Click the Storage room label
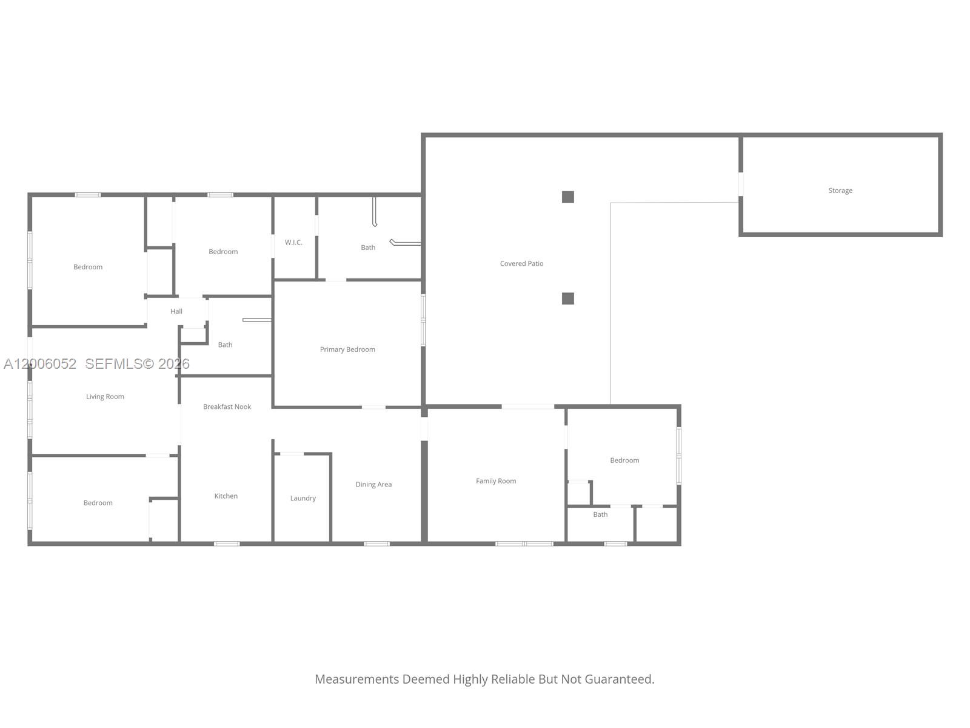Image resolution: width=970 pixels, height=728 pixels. [840, 190]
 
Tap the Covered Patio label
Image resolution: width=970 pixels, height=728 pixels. [521, 263]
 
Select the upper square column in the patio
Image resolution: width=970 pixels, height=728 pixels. [568, 197]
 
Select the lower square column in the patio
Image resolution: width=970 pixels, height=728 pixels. [568, 298]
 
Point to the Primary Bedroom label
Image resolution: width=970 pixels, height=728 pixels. [347, 349]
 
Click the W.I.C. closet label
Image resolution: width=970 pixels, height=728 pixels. [293, 243]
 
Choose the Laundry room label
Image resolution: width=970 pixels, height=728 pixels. [303, 498]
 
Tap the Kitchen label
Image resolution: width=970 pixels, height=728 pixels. [226, 496]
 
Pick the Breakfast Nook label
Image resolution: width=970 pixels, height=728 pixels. [227, 406]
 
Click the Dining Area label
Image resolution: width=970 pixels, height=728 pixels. [373, 484]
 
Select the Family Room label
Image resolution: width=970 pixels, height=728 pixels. [496, 481]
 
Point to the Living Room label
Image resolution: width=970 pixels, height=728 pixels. [105, 397]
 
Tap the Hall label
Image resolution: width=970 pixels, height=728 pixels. [176, 311]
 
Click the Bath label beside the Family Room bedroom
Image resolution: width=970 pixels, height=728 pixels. [600, 514]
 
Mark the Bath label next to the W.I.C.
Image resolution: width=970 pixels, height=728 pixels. [368, 248]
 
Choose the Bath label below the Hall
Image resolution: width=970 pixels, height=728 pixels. [225, 345]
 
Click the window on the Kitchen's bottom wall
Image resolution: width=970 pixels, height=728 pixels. [227, 544]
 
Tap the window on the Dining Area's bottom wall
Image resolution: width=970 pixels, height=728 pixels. [376, 544]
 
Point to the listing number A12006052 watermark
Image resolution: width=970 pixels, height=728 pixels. [40, 364]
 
